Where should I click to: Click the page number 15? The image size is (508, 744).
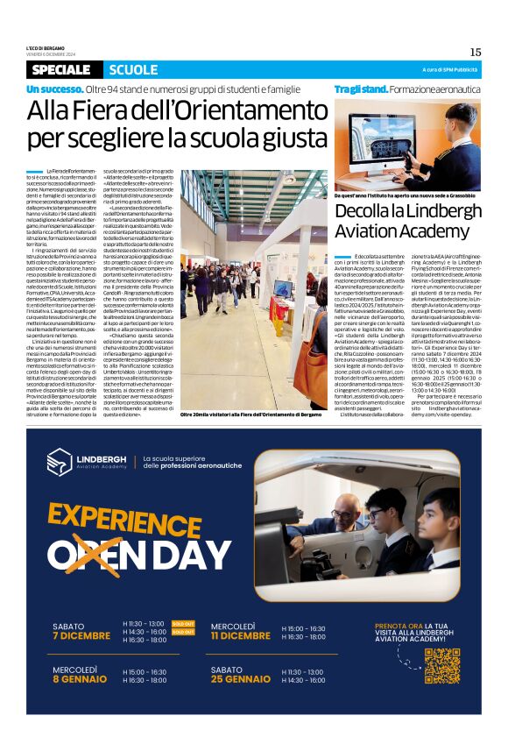click(x=475, y=52)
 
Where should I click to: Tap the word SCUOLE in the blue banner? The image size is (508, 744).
click(x=134, y=70)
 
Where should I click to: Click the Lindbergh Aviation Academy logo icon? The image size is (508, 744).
click(x=60, y=461)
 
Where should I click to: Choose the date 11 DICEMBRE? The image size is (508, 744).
click(x=240, y=635)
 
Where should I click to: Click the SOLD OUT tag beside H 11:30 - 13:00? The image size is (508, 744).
click(x=183, y=623)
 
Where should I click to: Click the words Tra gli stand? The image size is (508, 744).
click(x=360, y=89)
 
